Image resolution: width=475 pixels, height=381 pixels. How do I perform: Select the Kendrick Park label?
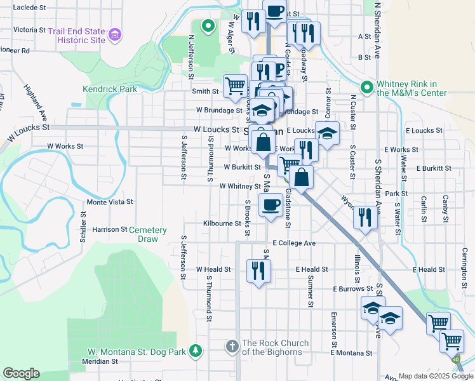point(110,90)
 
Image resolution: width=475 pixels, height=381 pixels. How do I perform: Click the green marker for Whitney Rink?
point(366,88)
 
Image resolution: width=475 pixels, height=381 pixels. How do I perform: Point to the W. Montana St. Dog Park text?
point(137,352)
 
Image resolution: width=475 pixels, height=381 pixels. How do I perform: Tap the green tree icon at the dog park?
point(196,350)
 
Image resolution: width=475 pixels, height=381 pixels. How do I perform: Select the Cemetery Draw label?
point(148,234)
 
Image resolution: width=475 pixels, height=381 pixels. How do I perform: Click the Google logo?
point(21,373)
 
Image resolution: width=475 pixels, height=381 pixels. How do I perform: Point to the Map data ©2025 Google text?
point(435,376)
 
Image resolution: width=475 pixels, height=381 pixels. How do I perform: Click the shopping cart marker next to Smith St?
point(235,84)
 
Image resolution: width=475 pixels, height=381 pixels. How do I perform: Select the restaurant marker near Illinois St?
point(365,215)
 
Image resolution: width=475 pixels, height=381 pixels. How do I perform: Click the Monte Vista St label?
point(109,202)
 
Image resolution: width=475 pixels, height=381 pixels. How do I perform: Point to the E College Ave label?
point(294,243)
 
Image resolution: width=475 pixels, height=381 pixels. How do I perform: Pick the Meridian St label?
point(100,361)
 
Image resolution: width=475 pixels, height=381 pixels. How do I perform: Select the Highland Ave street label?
point(36,104)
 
